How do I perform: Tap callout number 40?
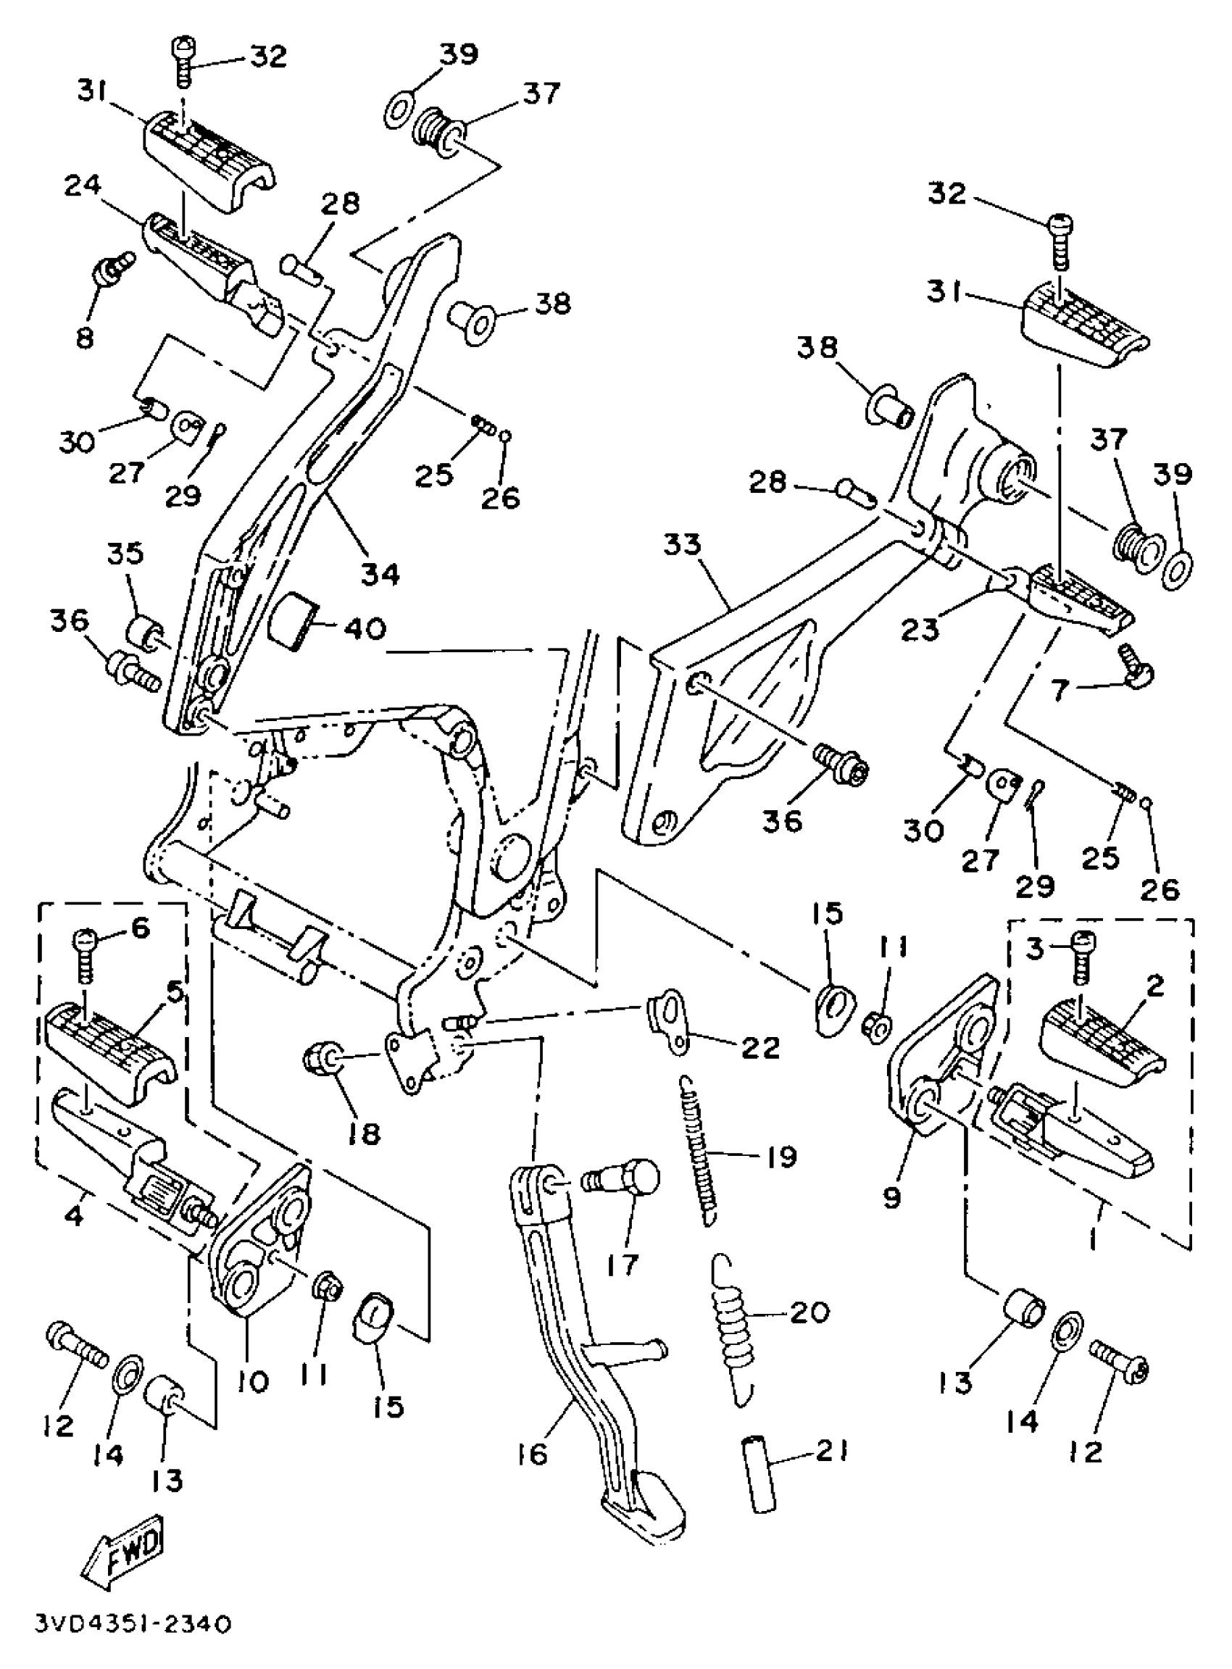tap(364, 628)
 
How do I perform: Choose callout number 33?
tap(683, 545)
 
